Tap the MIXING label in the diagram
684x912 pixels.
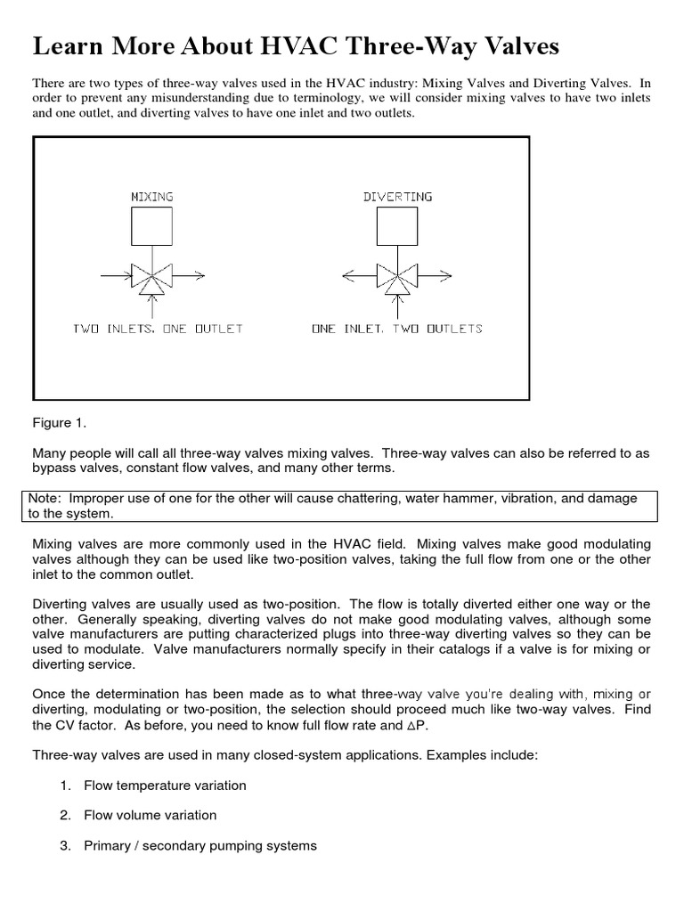(x=151, y=196)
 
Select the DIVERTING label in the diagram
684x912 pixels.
(x=397, y=196)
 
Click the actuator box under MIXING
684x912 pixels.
(x=151, y=226)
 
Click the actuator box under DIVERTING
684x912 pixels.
(x=397, y=226)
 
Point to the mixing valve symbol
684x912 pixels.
(x=151, y=278)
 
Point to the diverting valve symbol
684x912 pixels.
(x=397, y=278)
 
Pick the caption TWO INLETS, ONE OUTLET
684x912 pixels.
(x=158, y=329)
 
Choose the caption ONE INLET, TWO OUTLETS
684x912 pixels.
(x=397, y=329)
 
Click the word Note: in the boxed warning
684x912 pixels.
(x=45, y=499)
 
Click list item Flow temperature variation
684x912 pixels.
(x=165, y=786)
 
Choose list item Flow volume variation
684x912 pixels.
(x=150, y=815)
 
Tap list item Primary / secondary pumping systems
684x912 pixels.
(x=199, y=845)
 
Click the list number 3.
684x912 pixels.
(x=65, y=845)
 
